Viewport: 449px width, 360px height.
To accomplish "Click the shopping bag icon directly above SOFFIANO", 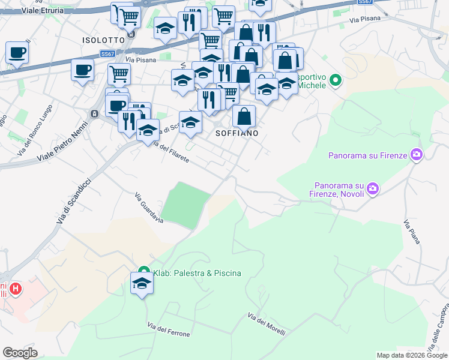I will (x=244, y=116).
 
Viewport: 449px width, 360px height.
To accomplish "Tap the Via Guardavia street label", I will (x=149, y=208).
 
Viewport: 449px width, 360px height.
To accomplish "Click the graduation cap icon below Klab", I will (x=142, y=284).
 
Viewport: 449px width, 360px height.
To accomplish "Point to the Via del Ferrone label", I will (x=169, y=329).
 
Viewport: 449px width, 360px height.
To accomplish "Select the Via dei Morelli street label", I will (x=266, y=324).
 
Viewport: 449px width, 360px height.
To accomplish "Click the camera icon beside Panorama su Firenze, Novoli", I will (x=373, y=189).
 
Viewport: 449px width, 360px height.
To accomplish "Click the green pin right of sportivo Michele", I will (x=336, y=79).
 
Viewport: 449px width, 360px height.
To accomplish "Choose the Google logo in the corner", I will (x=20, y=353).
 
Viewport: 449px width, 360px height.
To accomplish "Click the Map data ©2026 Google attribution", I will (x=412, y=355).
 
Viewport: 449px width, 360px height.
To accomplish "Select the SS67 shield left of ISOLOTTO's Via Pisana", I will (x=108, y=54).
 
